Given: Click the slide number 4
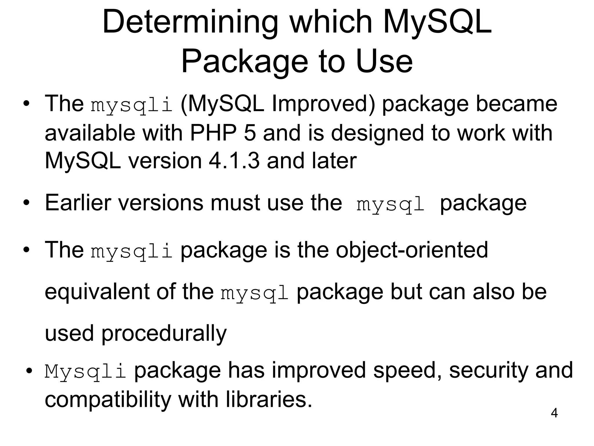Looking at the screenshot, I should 554,413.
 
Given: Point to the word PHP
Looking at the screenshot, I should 213,133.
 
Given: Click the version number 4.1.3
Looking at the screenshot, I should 234,161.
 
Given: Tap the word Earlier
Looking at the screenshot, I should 78,203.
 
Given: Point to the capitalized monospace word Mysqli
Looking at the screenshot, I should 85,371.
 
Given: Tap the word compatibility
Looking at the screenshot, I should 108,400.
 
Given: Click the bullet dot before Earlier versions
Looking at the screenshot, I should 27,203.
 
